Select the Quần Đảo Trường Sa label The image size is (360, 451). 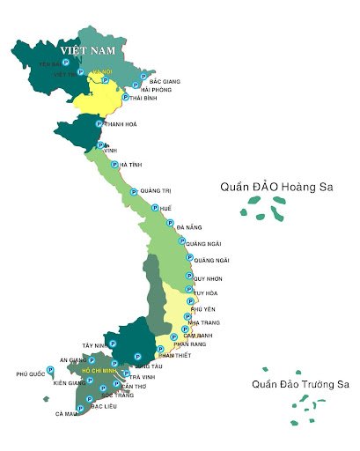tap(300, 384)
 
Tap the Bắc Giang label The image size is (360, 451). tap(165, 81)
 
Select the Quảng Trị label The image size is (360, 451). tap(155, 191)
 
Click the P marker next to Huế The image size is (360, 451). tap(155, 208)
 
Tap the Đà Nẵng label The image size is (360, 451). tap(189, 227)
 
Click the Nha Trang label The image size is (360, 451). tap(205, 323)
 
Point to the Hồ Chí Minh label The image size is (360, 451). tap(99, 371)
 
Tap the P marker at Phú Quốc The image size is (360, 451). tap(48, 374)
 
